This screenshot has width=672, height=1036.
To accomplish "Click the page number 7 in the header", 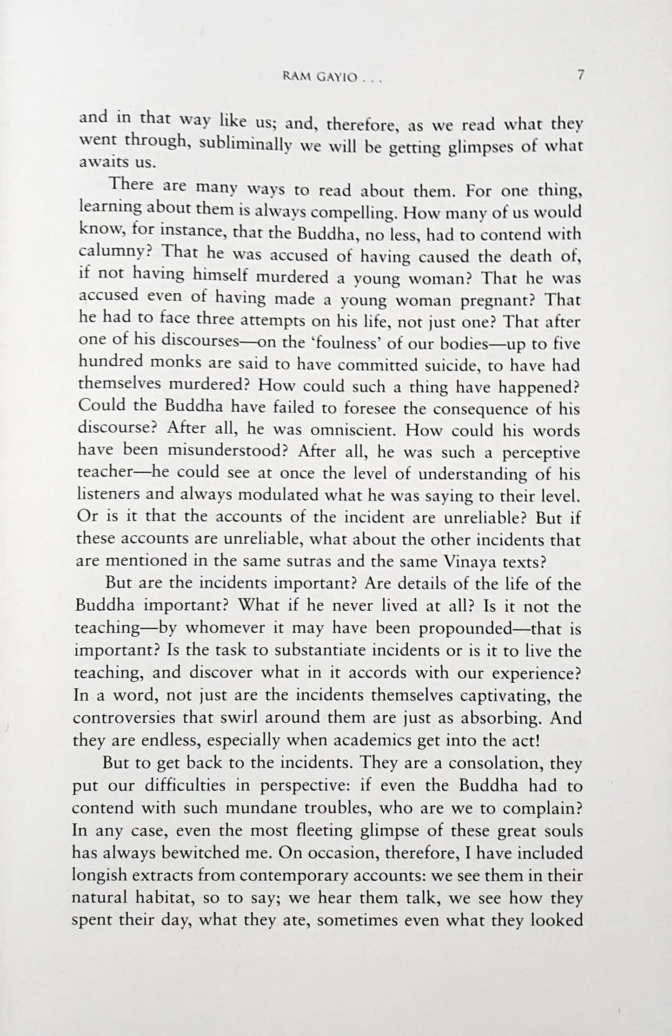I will pos(580,76).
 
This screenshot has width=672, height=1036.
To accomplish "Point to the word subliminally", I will pos(245,144).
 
